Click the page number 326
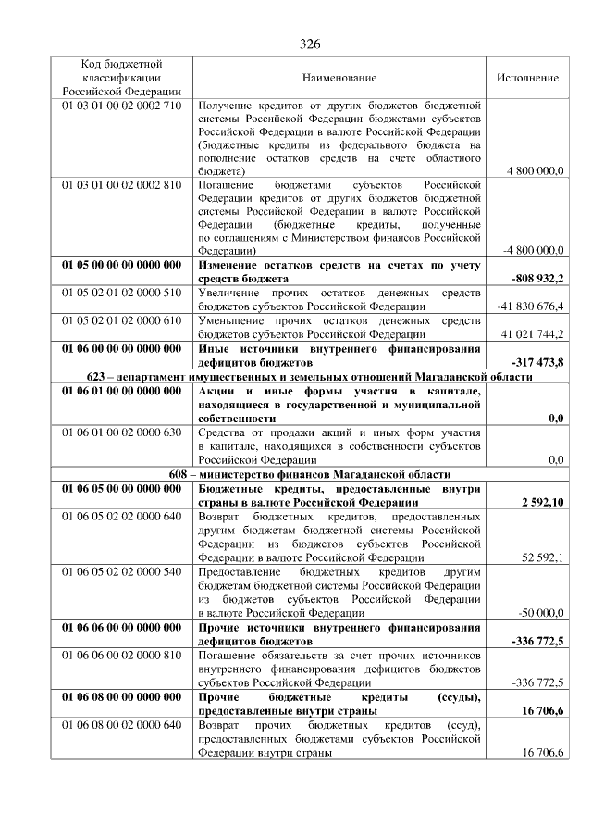click(x=309, y=44)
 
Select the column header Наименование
click(x=339, y=78)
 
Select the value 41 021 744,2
click(x=533, y=333)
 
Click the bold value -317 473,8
click(x=537, y=361)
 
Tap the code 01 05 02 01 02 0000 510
click(x=121, y=293)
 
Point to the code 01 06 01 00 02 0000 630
click(x=121, y=432)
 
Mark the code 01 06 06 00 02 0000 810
click(x=121, y=655)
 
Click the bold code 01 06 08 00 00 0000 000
click(x=121, y=696)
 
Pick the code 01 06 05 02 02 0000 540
click(x=121, y=571)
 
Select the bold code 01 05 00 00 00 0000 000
click(x=121, y=265)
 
